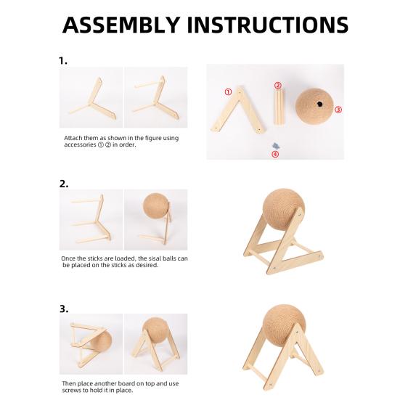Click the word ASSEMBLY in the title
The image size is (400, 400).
coord(121,25)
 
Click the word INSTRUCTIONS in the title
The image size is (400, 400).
coord(268,25)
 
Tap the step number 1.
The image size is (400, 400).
coord(63,61)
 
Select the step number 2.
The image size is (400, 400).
coord(64,184)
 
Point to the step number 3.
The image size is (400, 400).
coord(64,309)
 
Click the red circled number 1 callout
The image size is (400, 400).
coord(228,92)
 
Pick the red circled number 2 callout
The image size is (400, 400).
coord(278,86)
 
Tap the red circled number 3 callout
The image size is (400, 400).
coord(338,110)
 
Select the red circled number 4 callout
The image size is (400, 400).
coord(275,154)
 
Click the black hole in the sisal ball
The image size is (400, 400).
coord(319,104)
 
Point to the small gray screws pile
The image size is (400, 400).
coord(276,146)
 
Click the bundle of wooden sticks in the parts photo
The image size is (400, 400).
coord(279,107)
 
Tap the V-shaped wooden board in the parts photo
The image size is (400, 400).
coord(239,110)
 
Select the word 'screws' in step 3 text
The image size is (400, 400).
coord(71,391)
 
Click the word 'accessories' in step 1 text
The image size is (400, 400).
coord(80,144)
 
